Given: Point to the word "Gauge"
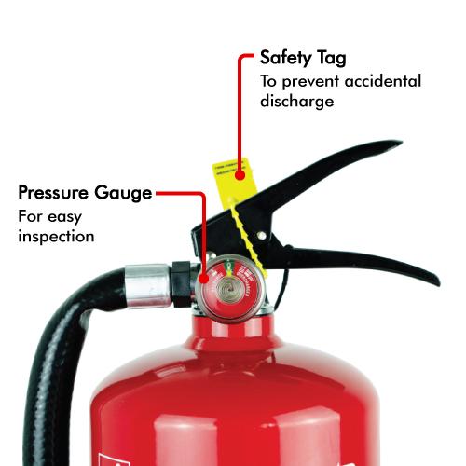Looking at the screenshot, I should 123,194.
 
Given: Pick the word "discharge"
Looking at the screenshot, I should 296,102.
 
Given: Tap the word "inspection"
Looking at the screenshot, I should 56,237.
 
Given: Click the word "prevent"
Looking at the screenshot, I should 312,82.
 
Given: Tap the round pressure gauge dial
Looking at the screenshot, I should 226,285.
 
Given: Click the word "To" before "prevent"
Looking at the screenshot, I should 268,82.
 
